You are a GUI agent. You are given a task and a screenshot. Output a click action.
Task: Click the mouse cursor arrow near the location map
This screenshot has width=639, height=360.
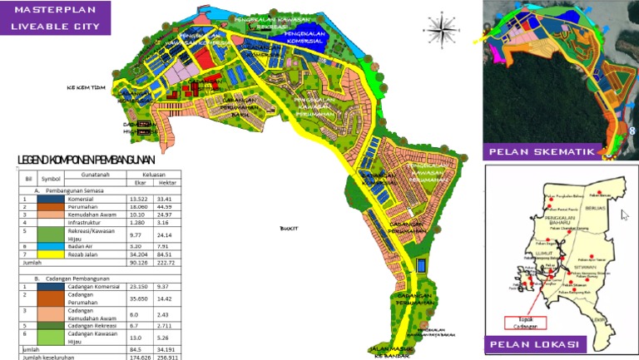point(625,215)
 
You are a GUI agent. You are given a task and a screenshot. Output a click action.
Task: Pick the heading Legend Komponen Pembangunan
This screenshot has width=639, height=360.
point(86,159)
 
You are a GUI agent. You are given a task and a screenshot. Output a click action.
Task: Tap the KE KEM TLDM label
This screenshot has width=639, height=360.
point(87,86)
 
